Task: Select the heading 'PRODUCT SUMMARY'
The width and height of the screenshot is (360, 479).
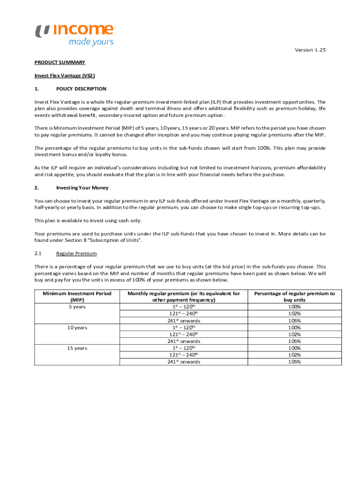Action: click(60, 62)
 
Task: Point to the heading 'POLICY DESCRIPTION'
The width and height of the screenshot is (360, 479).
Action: click(81, 88)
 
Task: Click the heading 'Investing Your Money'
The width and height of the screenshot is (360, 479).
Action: click(82, 188)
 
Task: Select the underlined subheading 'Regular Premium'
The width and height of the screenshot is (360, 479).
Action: click(76, 254)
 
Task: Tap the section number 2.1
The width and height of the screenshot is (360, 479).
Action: click(38, 254)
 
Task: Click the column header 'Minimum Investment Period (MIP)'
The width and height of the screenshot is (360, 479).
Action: click(77, 297)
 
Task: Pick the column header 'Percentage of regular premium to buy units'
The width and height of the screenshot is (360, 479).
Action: click(295, 297)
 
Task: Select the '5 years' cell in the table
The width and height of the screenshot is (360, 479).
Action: click(77, 307)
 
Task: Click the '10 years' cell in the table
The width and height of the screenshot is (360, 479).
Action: click(77, 327)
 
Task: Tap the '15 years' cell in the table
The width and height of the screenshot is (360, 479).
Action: click(77, 348)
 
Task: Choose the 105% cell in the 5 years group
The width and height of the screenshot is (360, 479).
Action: click(295, 321)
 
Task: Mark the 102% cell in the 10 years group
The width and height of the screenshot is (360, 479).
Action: click(295, 334)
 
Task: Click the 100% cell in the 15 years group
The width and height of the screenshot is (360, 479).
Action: click(295, 348)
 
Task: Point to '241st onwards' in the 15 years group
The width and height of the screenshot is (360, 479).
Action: click(184, 362)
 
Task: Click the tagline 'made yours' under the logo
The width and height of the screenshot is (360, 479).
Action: click(91, 42)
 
